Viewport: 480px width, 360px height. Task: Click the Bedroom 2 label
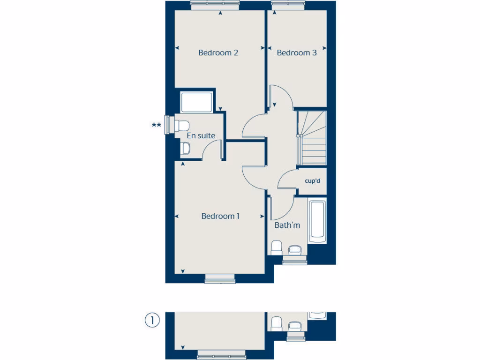218,52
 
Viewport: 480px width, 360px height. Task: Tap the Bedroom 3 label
297,52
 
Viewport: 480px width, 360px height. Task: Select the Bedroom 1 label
220,216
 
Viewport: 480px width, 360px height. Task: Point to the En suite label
201,135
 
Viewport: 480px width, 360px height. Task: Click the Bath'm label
287,225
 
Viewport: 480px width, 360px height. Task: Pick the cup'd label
312,180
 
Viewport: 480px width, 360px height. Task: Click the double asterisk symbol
156,125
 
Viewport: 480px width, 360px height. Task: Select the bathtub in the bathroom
317,220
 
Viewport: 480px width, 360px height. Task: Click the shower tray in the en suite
196,102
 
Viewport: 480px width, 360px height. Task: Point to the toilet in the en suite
181,125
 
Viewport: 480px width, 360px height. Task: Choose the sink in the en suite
185,149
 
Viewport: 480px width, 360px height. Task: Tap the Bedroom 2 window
215,5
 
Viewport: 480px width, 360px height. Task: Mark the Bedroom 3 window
288,5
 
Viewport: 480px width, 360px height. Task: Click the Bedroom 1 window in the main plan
220,280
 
